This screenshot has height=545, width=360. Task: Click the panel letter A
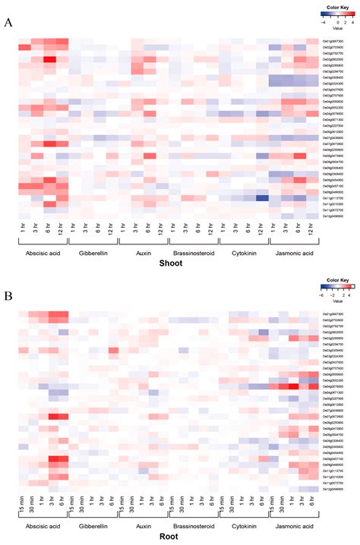(8, 23)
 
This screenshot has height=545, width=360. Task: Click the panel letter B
(8, 291)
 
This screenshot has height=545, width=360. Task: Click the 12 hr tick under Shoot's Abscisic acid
(62, 225)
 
